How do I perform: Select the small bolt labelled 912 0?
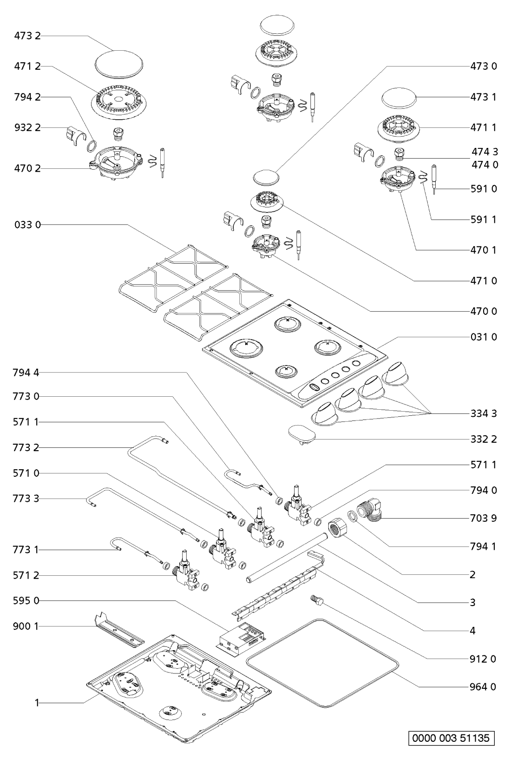316,601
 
